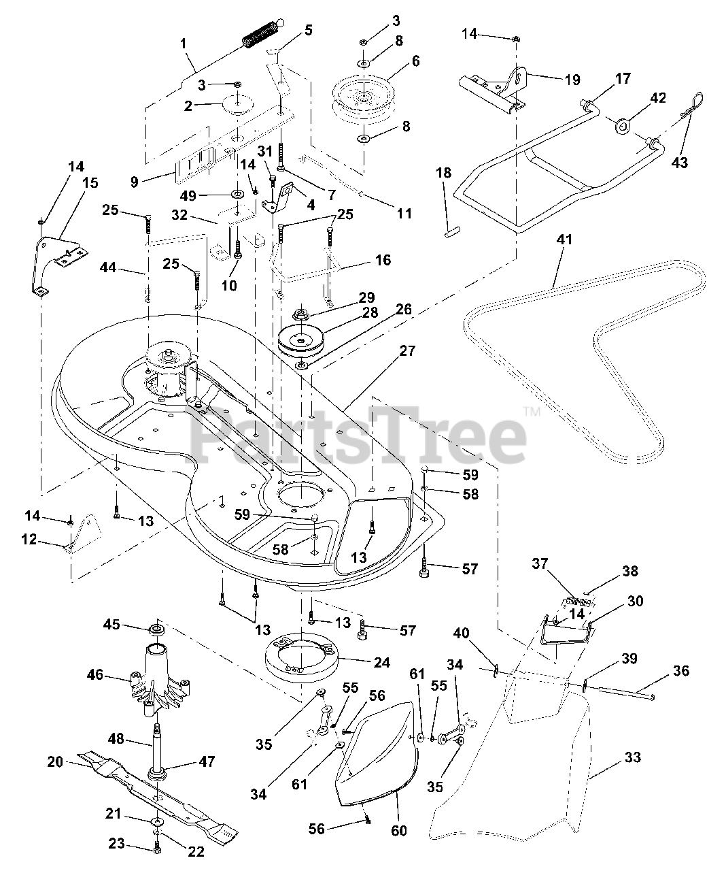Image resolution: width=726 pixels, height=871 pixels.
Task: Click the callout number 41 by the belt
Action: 564,240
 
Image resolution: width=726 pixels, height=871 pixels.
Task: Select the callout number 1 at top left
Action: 182,42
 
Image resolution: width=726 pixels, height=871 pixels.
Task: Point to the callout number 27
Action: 407,352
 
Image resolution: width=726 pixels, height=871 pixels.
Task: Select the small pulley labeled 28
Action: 302,340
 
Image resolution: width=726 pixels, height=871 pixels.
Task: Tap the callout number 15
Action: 90,182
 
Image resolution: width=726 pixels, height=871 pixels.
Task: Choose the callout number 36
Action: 680,672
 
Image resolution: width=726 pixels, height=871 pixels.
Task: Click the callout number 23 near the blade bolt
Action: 116,844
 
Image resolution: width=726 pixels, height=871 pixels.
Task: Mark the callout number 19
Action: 572,80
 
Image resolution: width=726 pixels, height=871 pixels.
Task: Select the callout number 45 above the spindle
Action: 111,623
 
